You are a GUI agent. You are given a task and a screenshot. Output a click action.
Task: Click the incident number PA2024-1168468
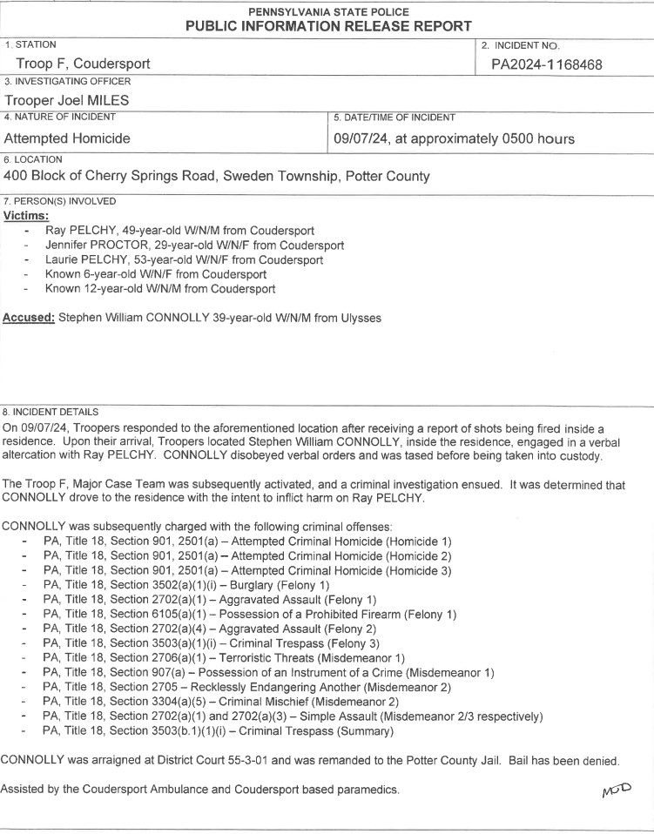[546, 64]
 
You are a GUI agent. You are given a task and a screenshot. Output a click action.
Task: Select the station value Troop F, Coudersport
[83, 64]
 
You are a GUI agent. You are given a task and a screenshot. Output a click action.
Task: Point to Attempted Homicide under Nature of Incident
[67, 138]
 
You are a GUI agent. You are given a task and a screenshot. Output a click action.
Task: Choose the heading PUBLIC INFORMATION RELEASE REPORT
[328, 26]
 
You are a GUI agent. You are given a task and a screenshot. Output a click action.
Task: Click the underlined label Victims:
[26, 214]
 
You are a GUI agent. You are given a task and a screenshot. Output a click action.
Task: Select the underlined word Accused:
[30, 318]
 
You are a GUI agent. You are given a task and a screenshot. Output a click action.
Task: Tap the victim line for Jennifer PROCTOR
[194, 245]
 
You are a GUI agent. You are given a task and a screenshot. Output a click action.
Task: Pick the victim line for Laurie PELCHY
[184, 259]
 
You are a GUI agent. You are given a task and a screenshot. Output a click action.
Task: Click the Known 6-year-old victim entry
[156, 274]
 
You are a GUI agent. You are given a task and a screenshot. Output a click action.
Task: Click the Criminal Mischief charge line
[221, 702]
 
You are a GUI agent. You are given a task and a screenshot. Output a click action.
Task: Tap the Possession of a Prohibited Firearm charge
[249, 614]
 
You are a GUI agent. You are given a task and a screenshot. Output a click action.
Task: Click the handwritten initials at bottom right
[614, 789]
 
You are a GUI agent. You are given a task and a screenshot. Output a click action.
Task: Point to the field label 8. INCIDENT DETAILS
[51, 411]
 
